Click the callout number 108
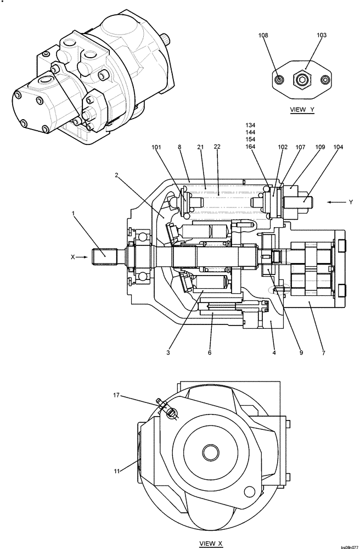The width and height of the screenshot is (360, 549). (263, 35)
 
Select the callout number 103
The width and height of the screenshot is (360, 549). (322, 35)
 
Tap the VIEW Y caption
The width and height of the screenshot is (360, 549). (302, 110)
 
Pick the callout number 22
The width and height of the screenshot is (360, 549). (217, 147)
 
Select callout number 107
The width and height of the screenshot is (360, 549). (301, 147)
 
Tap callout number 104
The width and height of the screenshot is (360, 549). (338, 147)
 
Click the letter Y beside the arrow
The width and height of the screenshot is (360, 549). (351, 203)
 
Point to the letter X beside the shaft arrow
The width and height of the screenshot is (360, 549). (72, 256)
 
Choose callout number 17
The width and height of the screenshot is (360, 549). (116, 395)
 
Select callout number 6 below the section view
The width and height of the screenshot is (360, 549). (209, 353)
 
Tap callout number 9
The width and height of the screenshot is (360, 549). (301, 353)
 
